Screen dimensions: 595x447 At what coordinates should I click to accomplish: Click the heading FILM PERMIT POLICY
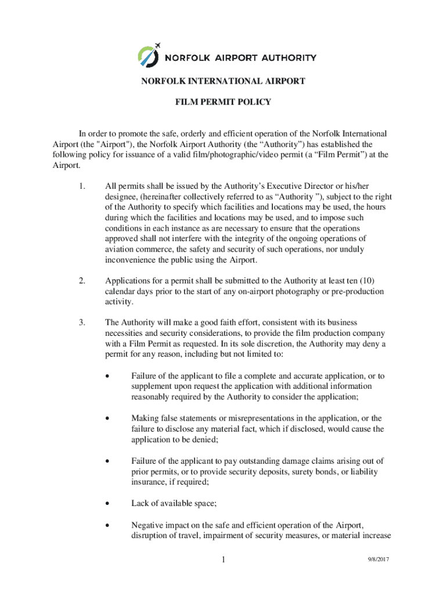pos(223,102)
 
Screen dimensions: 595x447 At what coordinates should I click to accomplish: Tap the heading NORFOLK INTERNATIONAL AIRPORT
pos(223,81)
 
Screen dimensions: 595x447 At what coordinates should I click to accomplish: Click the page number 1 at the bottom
pos(223,560)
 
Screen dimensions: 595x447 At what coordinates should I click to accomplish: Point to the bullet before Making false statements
pos(108,418)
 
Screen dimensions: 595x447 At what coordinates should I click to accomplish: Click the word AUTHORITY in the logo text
pos(289,58)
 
